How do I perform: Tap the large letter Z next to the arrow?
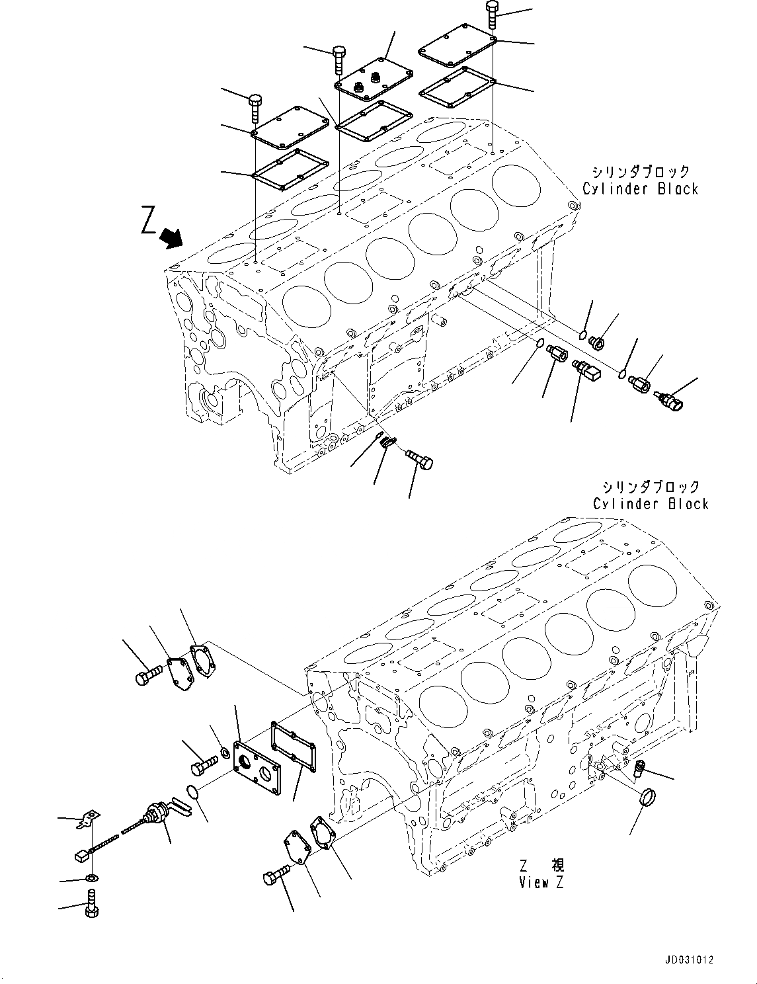click(x=149, y=221)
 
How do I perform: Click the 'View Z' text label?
click(x=541, y=882)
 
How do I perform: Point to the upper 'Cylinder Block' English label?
click(x=640, y=189)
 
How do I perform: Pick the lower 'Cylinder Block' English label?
click(x=651, y=504)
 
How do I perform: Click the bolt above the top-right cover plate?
click(x=493, y=15)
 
